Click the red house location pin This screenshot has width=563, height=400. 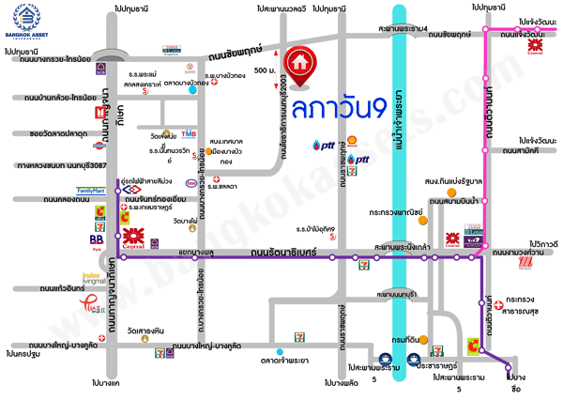tap(301, 63)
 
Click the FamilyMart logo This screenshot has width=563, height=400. tap(92, 191)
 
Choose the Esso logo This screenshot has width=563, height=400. tap(191, 183)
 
